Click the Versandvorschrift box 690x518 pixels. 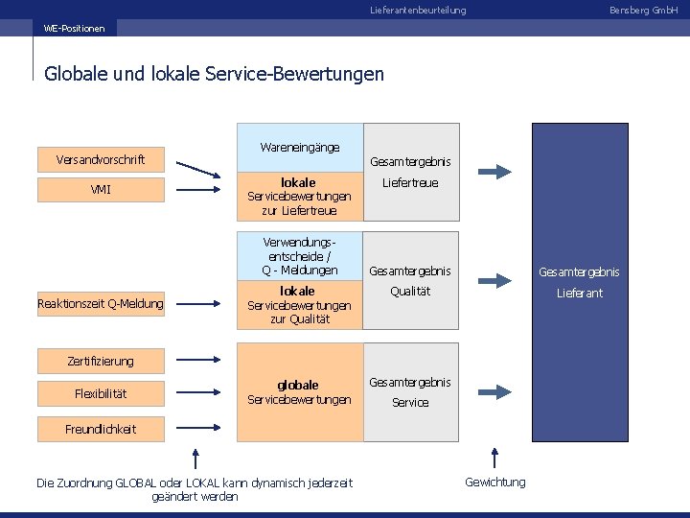coord(100,159)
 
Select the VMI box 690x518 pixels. coord(100,190)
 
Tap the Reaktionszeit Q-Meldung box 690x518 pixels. coord(100,304)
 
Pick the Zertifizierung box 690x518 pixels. coord(100,361)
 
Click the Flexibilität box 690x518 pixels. coord(100,393)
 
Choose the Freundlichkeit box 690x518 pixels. coord(100,429)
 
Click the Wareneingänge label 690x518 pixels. coord(300,148)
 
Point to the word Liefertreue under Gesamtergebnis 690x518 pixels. coord(410,182)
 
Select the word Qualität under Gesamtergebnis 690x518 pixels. coord(410,292)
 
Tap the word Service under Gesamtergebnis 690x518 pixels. coord(410,403)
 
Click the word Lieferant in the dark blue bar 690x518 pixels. coord(580,294)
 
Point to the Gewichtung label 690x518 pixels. coord(494,482)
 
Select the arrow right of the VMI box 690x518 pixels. coord(200,190)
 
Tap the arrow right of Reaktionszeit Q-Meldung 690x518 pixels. coord(200,304)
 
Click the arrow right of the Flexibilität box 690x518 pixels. coord(200,393)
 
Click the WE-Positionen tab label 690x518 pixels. coord(74,29)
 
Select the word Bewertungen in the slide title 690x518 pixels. coord(333,73)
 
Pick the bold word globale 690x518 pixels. coord(298,386)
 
